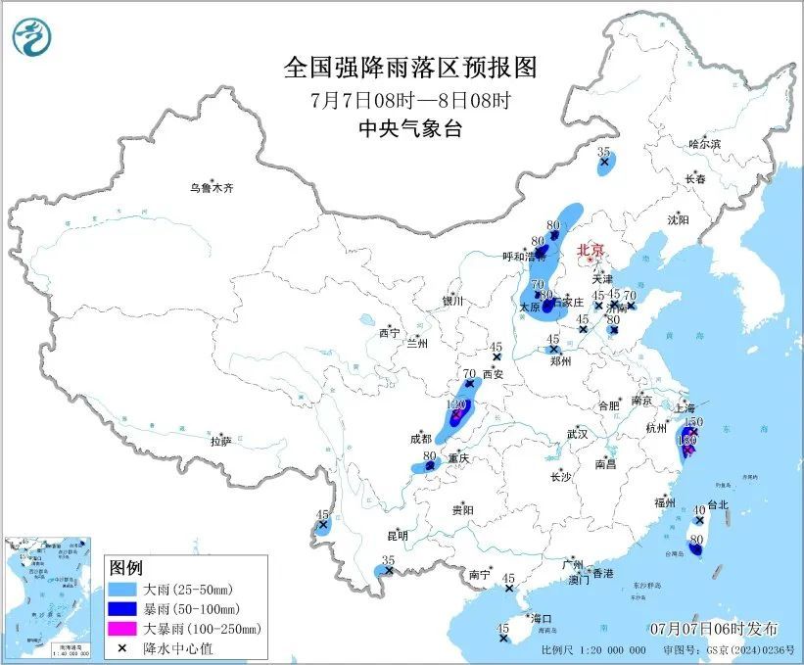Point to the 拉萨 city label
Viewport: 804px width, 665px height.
(x=220, y=442)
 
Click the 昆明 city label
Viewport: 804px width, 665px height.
(x=397, y=535)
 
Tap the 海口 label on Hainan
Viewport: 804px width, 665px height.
(x=542, y=618)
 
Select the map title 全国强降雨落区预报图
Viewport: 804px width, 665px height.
(x=410, y=68)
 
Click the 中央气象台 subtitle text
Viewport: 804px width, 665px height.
(x=410, y=128)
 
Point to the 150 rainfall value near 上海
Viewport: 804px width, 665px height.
(x=693, y=421)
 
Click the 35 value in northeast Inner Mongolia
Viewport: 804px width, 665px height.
(x=604, y=152)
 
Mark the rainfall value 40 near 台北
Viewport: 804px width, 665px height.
(x=699, y=509)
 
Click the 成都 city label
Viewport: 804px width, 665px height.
(x=421, y=439)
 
